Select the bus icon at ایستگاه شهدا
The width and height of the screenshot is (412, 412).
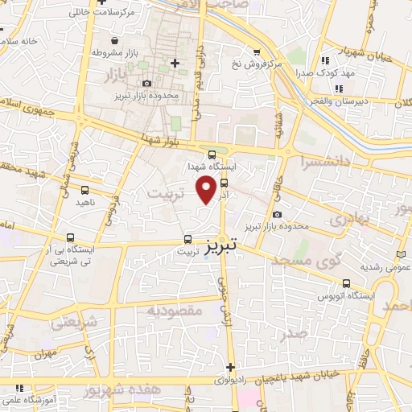click(x=212, y=154)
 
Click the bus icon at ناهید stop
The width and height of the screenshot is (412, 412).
click(x=85, y=190)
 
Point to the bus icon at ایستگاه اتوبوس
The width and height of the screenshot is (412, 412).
click(x=346, y=283)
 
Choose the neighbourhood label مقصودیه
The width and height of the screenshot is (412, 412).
click(x=173, y=311)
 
